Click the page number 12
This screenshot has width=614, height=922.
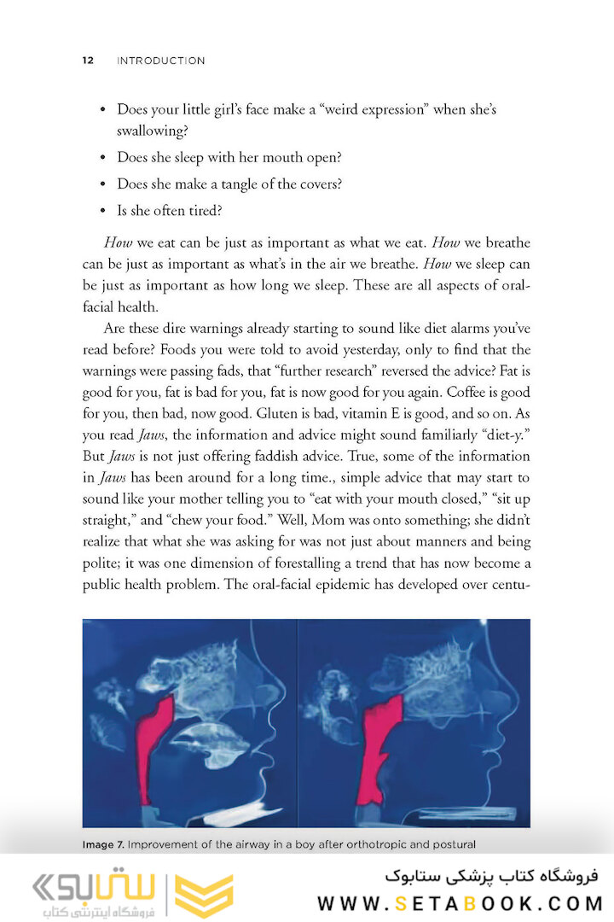[x=88, y=61]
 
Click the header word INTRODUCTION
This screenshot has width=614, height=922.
[x=160, y=61]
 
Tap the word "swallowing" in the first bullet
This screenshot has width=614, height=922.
[x=150, y=131]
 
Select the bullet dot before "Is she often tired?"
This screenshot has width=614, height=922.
[x=103, y=210]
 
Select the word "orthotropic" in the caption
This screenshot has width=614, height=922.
[x=397, y=845]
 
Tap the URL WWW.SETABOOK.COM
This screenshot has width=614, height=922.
[x=460, y=903]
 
